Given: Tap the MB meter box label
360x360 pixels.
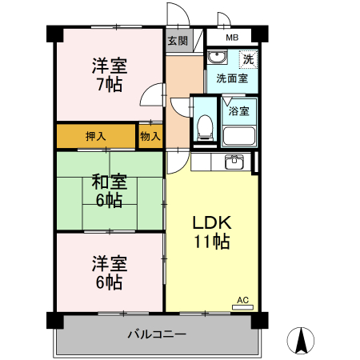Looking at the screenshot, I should (x=231, y=38).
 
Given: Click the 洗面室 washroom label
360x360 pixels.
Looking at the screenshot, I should (x=231, y=80).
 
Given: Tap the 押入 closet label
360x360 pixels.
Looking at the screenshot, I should (x=96, y=136).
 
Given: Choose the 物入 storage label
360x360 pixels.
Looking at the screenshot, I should (x=150, y=136).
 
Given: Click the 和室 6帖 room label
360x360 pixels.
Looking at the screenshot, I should (x=109, y=190).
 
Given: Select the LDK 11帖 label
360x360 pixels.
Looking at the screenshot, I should (x=212, y=230).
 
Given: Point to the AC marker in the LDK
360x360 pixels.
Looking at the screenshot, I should (x=242, y=300).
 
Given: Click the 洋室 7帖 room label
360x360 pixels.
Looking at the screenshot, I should (x=109, y=74).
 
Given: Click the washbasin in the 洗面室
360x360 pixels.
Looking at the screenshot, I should (x=216, y=58).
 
